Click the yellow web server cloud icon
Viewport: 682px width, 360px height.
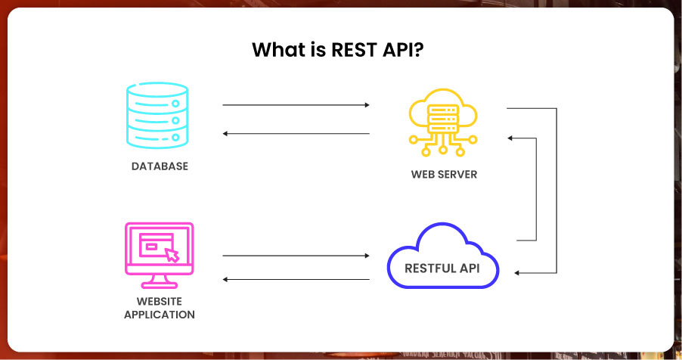click(443, 119)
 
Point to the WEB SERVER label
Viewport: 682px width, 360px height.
click(444, 175)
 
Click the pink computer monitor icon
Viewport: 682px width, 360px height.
click(157, 254)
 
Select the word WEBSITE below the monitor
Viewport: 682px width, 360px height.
click(160, 302)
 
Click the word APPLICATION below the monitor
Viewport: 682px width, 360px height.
click(160, 315)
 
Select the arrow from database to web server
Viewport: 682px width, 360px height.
click(296, 105)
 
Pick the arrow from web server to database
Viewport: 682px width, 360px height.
click(296, 134)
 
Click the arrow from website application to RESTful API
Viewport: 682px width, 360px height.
click(296, 256)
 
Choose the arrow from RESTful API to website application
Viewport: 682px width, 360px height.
click(296, 279)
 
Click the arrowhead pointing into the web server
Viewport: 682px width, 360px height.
click(511, 138)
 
